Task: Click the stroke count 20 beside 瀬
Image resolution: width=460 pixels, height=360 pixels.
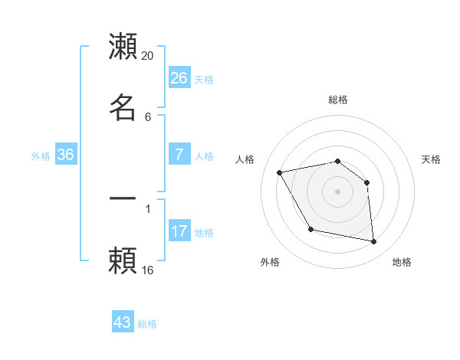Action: (148, 55)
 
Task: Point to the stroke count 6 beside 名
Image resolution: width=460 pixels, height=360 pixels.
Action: (147, 116)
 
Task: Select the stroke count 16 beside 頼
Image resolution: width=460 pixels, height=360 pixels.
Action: (148, 270)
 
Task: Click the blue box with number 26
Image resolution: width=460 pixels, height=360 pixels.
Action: (179, 78)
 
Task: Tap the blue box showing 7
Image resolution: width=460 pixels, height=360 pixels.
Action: (179, 155)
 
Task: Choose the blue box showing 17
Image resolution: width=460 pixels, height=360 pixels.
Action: (179, 231)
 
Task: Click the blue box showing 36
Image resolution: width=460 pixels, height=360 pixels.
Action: (66, 155)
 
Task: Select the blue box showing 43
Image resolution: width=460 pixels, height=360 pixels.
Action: (123, 322)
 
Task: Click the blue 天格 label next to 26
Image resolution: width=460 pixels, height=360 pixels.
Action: (204, 79)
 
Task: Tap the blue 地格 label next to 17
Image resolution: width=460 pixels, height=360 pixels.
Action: (204, 233)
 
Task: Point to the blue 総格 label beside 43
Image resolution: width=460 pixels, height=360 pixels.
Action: (147, 324)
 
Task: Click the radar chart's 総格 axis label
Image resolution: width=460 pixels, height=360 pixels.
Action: (337, 100)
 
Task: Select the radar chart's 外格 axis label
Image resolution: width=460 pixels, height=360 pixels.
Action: (270, 262)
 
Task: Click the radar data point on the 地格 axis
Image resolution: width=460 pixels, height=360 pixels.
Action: (374, 242)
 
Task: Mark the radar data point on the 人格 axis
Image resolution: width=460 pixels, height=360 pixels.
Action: (280, 172)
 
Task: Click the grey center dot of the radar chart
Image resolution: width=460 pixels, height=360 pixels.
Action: (337, 191)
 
